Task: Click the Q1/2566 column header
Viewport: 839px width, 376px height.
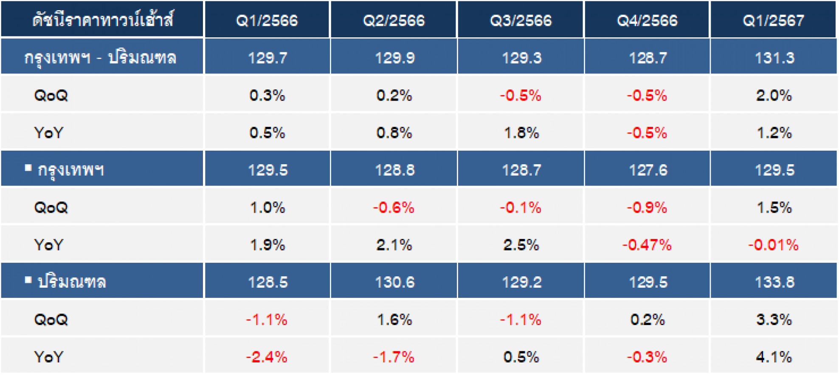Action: tap(267, 20)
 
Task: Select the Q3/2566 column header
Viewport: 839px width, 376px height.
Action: tap(521, 20)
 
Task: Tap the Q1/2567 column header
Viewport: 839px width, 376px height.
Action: tap(774, 20)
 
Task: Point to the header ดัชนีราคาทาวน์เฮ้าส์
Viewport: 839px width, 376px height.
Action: tap(103, 20)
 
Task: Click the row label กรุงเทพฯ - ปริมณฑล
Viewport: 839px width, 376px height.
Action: tap(100, 57)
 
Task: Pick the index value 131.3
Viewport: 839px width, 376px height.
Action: tap(774, 58)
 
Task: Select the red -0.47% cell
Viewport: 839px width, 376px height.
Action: tap(647, 245)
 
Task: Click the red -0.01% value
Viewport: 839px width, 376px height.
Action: tap(773, 245)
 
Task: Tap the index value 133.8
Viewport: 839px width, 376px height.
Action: tap(774, 282)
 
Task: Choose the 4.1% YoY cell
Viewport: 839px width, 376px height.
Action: tap(774, 357)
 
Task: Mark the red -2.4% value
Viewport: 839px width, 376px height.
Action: tap(267, 357)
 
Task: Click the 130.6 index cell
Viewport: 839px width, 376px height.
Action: tap(394, 282)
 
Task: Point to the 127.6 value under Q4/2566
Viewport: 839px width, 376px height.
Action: tap(648, 170)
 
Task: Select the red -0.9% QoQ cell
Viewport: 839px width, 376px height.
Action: tap(647, 208)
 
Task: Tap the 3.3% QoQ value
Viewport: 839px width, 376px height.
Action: tap(774, 320)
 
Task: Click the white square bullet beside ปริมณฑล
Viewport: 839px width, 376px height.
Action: tap(28, 280)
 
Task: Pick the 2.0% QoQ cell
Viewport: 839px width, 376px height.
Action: tap(774, 95)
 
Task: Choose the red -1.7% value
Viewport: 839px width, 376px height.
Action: tap(394, 357)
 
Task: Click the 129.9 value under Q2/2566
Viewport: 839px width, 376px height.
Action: tap(394, 58)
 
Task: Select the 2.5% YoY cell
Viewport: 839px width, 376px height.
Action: tap(521, 245)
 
